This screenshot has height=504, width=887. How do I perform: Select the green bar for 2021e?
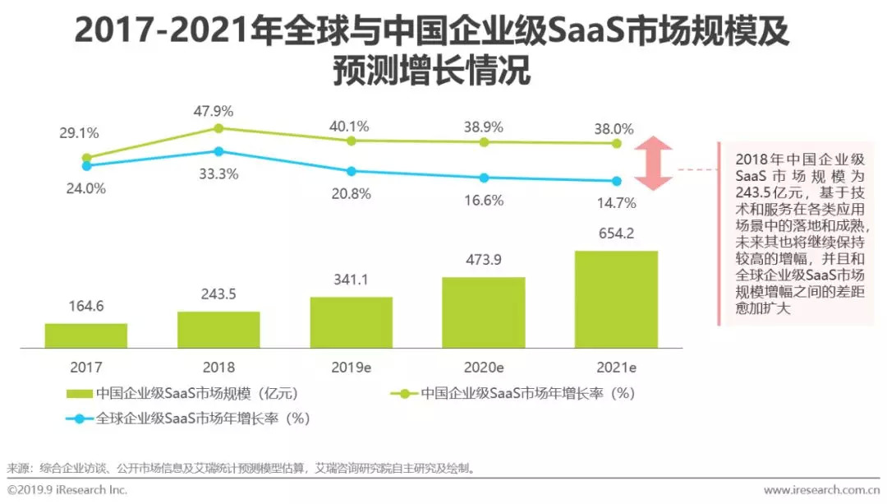(x=616, y=299)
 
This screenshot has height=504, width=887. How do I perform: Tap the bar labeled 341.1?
(x=352, y=322)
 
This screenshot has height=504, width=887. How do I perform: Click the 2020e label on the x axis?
(x=484, y=367)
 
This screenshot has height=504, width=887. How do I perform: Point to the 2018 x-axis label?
(x=218, y=367)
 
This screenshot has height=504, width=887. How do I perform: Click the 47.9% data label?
(x=218, y=110)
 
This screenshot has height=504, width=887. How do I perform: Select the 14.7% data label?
(x=616, y=202)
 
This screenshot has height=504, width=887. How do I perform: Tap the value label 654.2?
(x=616, y=234)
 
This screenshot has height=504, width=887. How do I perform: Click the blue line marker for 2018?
(x=218, y=151)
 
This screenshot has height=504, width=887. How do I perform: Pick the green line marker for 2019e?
(x=352, y=141)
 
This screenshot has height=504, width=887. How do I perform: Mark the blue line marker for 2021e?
(x=617, y=181)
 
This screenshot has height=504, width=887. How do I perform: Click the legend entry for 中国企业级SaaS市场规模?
(x=189, y=394)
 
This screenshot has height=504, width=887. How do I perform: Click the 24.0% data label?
(x=86, y=187)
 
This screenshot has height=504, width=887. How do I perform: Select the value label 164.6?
(x=86, y=306)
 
